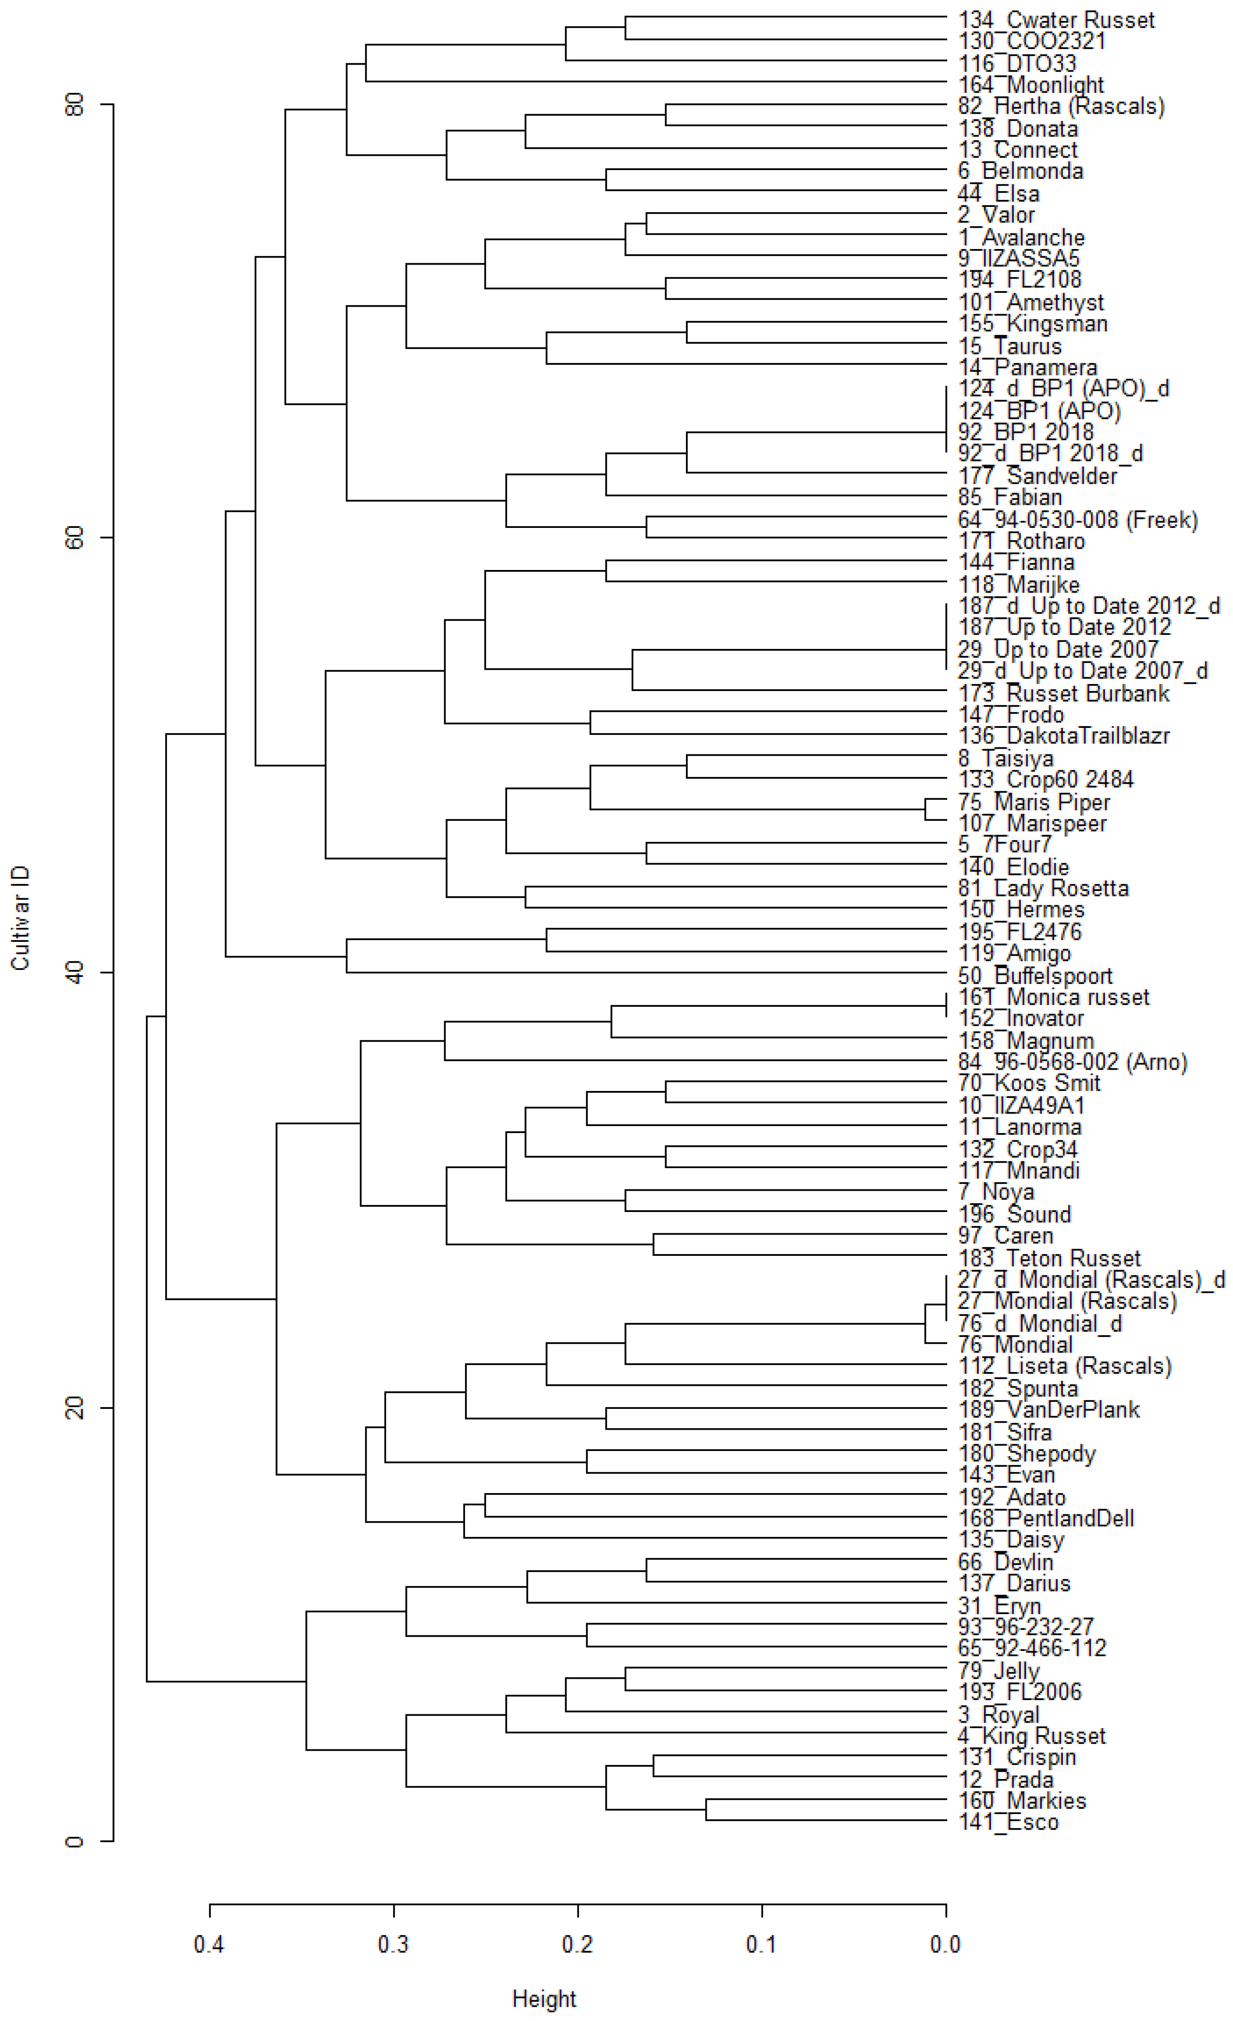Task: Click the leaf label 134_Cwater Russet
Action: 1056,20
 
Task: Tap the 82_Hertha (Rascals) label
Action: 1061,106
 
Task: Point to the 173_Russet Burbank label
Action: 1064,693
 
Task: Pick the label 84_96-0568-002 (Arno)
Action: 1072,1062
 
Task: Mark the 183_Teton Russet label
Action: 1049,1258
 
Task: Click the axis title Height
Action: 544,1999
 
